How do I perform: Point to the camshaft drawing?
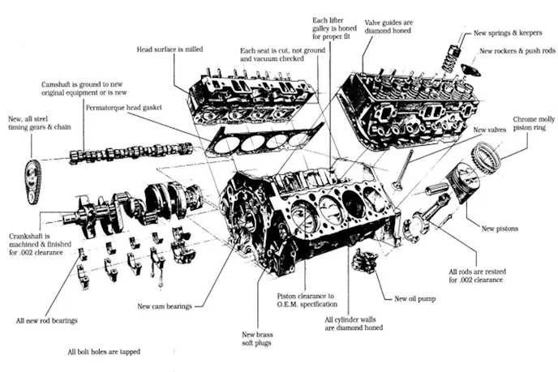click(130, 152)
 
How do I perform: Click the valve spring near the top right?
click(448, 58)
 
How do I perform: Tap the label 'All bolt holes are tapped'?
click(105, 353)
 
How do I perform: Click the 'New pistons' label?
click(500, 229)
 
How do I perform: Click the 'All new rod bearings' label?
click(47, 321)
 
